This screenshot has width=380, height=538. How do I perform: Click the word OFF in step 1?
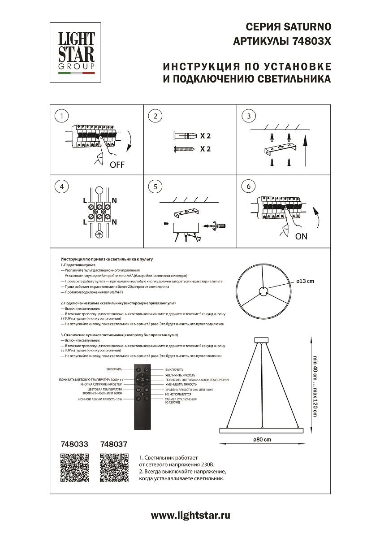pyautogui.click(x=117, y=165)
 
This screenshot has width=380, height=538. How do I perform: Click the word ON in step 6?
pyautogui.click(x=302, y=237)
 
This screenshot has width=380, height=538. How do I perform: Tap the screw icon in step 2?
pyautogui.click(x=184, y=149)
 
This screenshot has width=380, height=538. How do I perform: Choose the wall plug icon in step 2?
pyautogui.click(x=184, y=135)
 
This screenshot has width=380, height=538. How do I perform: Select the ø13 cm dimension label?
pyautogui.click(x=305, y=281)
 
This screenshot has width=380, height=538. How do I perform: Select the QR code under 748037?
pyautogui.click(x=114, y=468)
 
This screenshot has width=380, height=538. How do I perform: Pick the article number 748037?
pyautogui.click(x=114, y=444)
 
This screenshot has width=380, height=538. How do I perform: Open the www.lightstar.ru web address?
pyautogui.click(x=190, y=516)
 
